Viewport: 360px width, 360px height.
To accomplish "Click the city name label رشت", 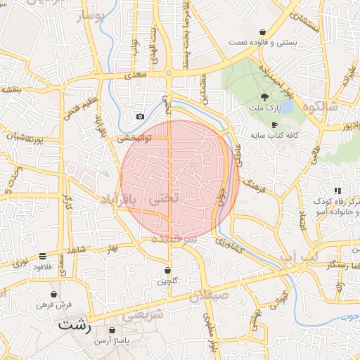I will [75, 325].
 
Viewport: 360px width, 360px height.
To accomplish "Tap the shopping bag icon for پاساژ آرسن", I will [112, 330].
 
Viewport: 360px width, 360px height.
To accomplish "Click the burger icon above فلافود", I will [43, 256].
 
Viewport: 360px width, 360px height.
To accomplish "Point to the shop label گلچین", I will [167, 281].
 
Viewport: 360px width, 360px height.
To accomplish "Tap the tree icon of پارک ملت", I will [264, 98].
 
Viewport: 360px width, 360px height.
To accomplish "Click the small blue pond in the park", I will [286, 107].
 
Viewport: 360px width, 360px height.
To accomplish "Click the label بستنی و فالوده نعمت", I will [262, 43].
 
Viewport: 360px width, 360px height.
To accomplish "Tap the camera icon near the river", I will [140, 116].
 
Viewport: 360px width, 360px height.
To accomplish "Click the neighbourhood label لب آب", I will [298, 257].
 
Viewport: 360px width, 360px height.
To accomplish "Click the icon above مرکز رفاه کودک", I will [338, 191].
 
